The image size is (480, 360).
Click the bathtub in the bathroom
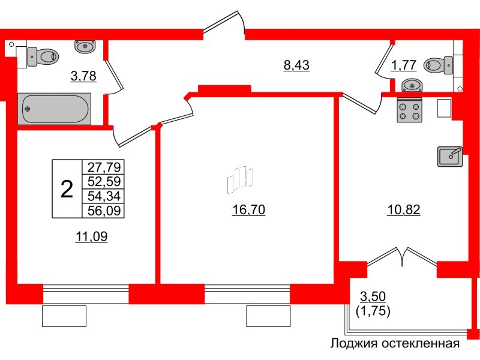55,109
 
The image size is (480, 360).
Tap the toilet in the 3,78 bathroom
44,56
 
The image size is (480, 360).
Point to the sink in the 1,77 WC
410,85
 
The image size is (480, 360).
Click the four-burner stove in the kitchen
410,110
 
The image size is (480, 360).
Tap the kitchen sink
449,156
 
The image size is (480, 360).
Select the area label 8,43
296,65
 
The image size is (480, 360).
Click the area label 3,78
83,76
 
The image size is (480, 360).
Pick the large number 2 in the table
67,190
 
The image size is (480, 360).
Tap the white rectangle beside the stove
444,108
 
